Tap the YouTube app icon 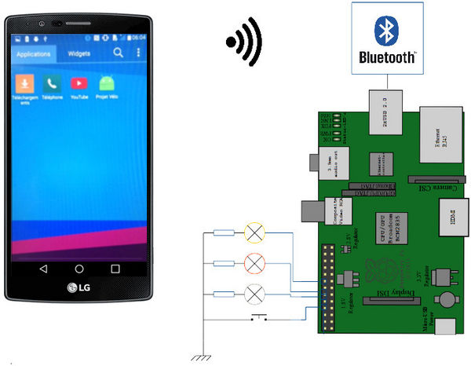(x=78, y=83)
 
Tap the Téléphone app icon (x=52, y=83)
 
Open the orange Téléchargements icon (x=26, y=83)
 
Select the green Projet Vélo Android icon (x=104, y=83)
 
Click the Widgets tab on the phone (x=79, y=54)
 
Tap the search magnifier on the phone (x=118, y=53)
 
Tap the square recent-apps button (x=115, y=269)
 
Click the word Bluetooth (x=387, y=57)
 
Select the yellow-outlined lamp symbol (x=254, y=232)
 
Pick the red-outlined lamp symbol (x=254, y=263)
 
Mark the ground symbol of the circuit (x=203, y=357)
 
